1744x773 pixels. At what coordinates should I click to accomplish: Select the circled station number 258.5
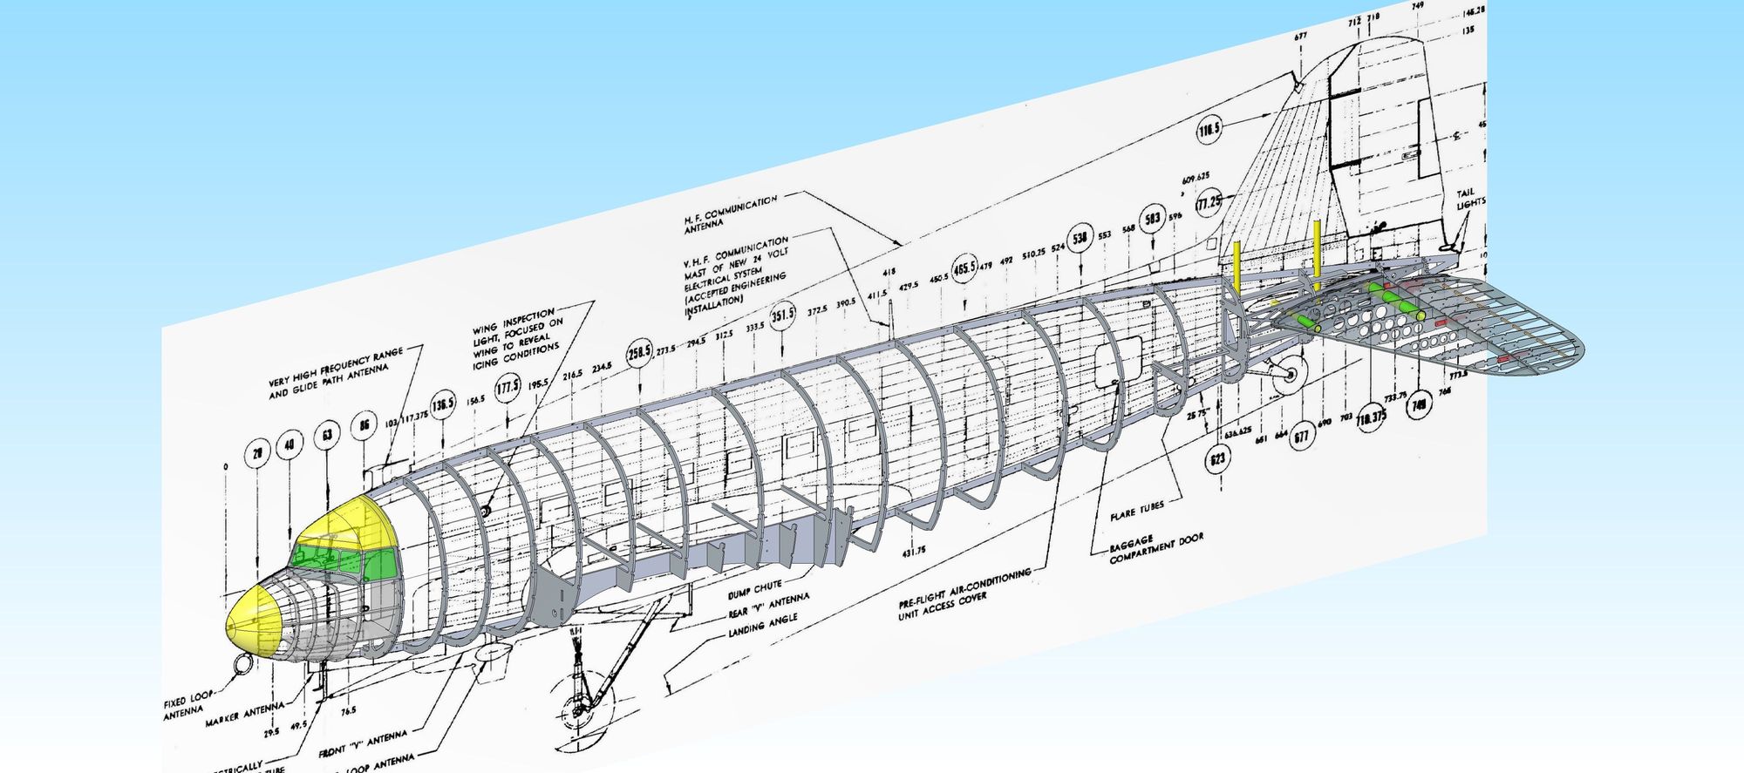[639, 352]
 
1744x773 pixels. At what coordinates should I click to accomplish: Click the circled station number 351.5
[782, 314]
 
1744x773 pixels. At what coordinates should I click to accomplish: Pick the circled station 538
[1080, 237]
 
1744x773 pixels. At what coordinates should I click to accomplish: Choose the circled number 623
[1217, 458]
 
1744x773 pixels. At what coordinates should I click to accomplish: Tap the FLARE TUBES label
[1136, 512]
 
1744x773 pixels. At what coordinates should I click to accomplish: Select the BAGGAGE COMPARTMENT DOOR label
[1155, 547]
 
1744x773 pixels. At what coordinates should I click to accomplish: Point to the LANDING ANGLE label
[762, 624]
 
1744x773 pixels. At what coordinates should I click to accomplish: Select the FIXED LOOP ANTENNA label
[186, 705]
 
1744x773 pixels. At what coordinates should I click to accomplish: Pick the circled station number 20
[257, 453]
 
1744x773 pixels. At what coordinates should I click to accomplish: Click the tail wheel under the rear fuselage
[1289, 375]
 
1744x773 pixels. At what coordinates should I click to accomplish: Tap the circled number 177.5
[508, 388]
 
